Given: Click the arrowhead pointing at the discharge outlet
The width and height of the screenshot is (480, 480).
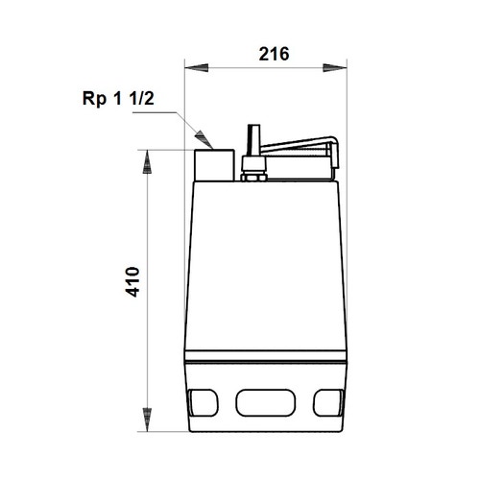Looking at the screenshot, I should coord(202,136).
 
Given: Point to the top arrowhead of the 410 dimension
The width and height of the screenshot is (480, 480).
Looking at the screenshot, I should coord(147,160).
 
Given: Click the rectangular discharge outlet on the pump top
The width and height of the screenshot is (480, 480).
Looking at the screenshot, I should coord(213,164).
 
